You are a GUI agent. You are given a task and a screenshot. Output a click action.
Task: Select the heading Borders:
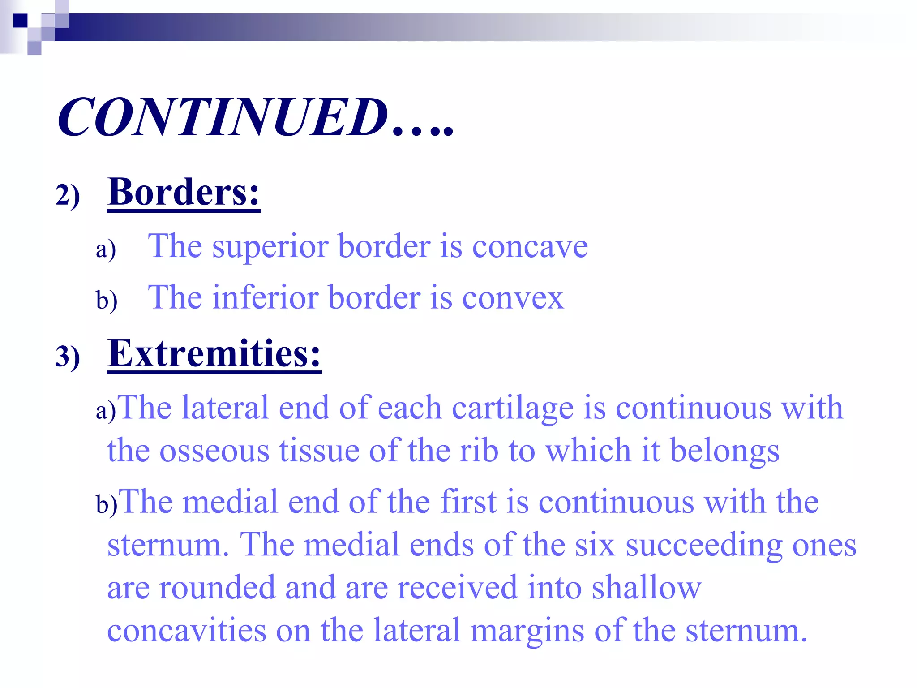pos(184,192)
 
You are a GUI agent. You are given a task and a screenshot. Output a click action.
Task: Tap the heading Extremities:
pos(214,353)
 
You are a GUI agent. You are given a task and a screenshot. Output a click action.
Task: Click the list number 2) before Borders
pos(68,196)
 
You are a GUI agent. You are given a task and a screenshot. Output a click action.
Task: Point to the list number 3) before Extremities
pos(68,357)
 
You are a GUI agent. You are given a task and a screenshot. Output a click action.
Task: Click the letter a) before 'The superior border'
pos(106,249)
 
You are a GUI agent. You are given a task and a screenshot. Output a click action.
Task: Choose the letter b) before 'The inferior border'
pos(107,300)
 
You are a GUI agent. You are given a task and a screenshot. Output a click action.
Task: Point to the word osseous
pos(214,451)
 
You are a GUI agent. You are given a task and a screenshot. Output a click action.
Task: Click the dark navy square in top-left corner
pos(20,21)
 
